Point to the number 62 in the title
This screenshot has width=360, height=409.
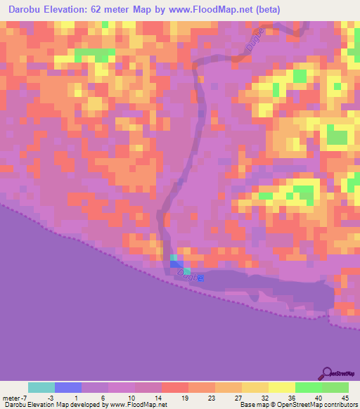click(108, 9)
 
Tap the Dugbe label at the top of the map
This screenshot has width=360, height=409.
click(255, 40)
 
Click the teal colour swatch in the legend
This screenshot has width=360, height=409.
click(41, 387)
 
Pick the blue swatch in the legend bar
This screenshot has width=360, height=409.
click(67, 387)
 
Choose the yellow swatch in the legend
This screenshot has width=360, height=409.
click(281, 387)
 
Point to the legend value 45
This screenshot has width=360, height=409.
click(345, 397)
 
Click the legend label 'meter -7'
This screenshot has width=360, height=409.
click(15, 397)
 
